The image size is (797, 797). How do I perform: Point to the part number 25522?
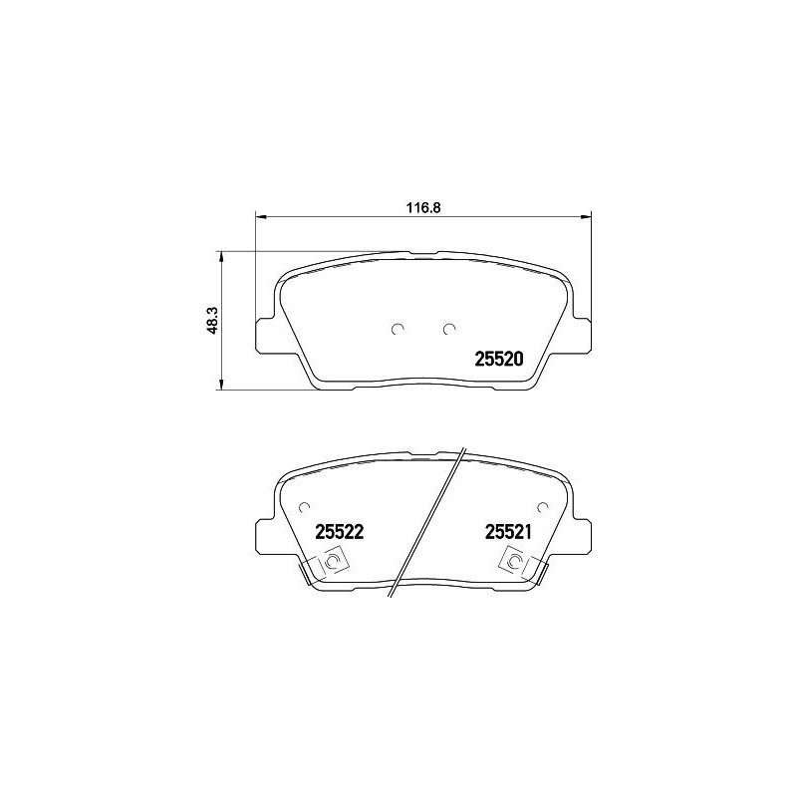[337, 533]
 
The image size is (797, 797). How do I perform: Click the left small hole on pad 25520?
[398, 329]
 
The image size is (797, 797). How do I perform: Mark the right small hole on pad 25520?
[449, 329]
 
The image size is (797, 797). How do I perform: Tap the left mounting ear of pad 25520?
[265, 334]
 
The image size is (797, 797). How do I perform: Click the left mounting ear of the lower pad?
[265, 535]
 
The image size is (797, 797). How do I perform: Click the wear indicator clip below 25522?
[331, 565]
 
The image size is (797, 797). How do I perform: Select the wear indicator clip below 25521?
[515, 565]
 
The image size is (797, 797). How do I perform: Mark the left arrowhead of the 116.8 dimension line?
[261, 217]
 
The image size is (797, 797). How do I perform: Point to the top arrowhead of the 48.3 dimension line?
[222, 255]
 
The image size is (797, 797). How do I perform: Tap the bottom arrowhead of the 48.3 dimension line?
[222, 387]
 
